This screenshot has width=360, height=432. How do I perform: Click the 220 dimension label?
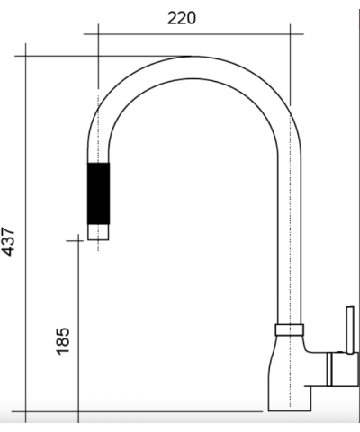pos(182,18)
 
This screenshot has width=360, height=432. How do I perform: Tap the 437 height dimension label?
pos(8,242)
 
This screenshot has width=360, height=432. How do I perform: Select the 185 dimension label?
pos(63,341)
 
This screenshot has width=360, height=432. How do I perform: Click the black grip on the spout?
pos(98,193)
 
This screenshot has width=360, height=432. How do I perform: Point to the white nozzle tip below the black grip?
pos(98,232)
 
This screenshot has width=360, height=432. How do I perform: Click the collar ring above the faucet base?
pos(290,329)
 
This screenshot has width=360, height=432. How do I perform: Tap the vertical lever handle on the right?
pos(350,329)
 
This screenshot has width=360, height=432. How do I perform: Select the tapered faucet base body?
pos(288,373)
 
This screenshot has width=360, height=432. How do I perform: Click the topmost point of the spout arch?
pos(192,56)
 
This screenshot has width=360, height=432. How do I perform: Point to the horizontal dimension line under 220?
pos(193,34)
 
